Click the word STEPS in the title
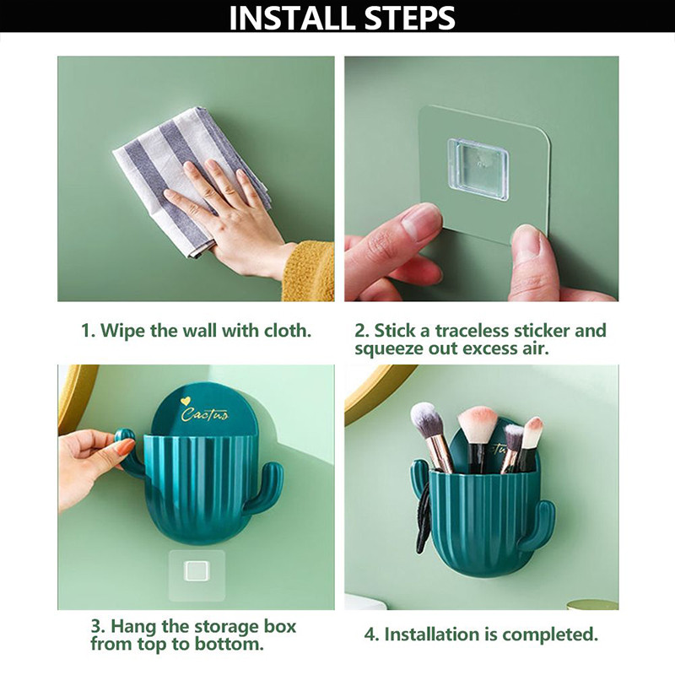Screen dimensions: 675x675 (409, 18)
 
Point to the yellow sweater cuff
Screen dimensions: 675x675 (308, 271)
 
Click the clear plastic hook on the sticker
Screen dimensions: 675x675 (478, 170)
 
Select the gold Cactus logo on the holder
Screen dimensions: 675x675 (204, 414)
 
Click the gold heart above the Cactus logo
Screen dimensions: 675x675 (186, 402)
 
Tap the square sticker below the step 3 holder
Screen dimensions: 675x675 (197, 575)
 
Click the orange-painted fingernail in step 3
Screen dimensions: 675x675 (127, 447)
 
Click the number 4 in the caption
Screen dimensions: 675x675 (371, 634)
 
